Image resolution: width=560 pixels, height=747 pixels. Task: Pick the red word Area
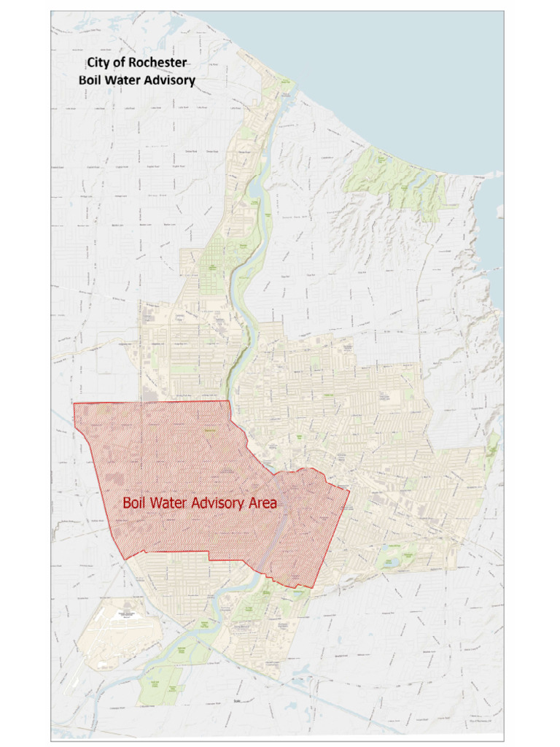(x=263, y=503)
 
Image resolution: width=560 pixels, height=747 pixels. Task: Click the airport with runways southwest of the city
(x=117, y=632)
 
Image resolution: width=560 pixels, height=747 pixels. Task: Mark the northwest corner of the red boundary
(x=74, y=403)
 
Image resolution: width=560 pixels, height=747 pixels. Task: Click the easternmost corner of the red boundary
(x=349, y=489)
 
